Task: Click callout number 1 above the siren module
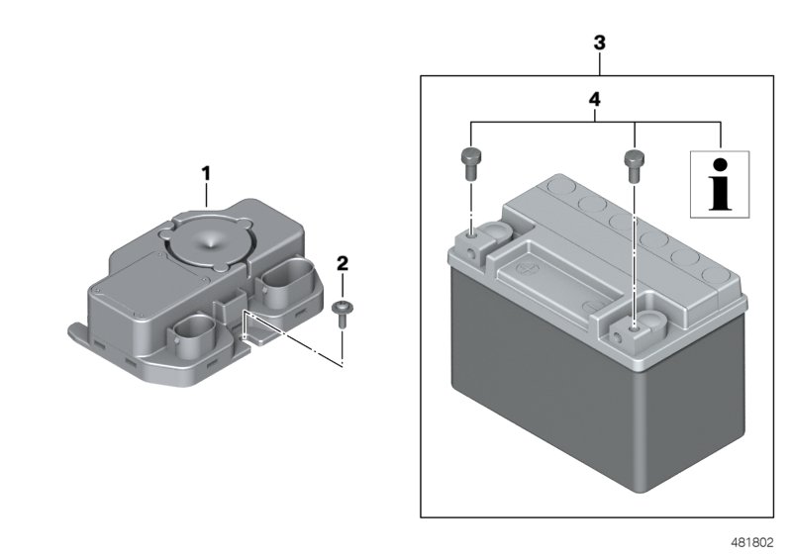coord(206,173)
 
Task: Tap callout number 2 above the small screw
coord(343,262)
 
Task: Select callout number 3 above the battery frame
coord(598,44)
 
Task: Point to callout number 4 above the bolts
coord(595,99)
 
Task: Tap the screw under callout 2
coord(343,310)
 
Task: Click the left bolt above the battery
coord(470,160)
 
